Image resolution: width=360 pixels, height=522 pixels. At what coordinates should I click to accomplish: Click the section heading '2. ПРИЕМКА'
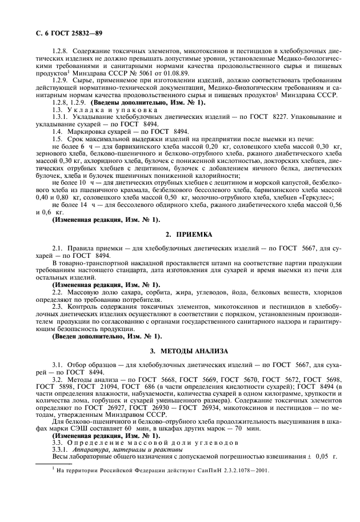(x=188, y=234)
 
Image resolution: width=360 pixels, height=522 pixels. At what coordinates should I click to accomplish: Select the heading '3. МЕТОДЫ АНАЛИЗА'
(x=188, y=350)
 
